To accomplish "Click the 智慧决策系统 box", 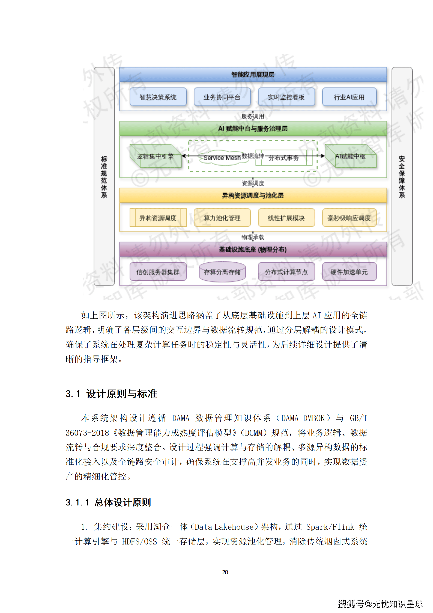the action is point(158,97).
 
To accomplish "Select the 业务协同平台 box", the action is point(222,97).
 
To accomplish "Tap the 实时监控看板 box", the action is point(286,97).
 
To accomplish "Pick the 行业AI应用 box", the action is point(349,97).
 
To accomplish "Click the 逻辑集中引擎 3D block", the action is point(155,156).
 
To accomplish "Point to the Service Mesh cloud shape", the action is point(222,158).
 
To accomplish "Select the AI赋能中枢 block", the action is point(350,156).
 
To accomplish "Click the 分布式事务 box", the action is point(284,158).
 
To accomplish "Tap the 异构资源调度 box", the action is point(158,218).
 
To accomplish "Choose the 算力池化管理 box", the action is point(222,218).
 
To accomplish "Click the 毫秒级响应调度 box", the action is point(349,218).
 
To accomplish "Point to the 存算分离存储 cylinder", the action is point(222,272).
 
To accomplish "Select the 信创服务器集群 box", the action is point(158,272).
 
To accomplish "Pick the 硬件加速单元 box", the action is point(349,272).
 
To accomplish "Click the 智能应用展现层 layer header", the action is point(253,75).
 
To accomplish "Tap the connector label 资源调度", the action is point(253,183).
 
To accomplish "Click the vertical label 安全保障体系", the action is point(402,177).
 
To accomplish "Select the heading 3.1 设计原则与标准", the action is point(111,394).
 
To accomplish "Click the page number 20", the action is point(225,572).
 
